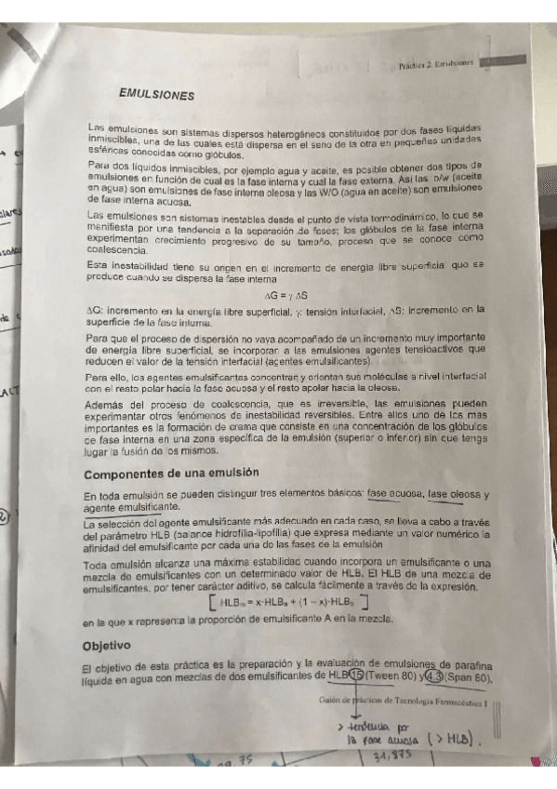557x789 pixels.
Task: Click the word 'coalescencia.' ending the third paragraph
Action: tap(117, 249)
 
